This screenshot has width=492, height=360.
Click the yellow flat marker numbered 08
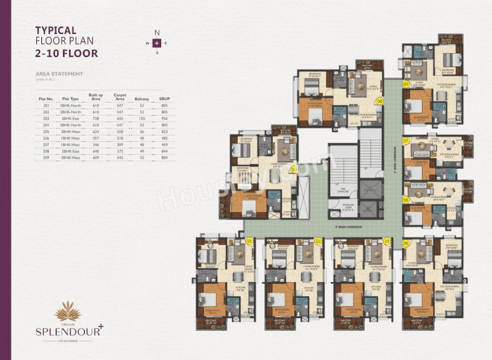[x=380, y=101]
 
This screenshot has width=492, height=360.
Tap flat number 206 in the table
[x=46, y=139]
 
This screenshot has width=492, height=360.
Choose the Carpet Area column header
[x=120, y=97]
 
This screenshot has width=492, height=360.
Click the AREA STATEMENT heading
[x=59, y=74]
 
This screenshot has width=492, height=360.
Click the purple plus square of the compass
[x=157, y=43]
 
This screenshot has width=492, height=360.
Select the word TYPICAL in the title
[x=56, y=31]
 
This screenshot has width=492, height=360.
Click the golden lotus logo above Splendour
[x=68, y=311]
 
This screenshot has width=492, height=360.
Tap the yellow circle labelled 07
[x=406, y=140]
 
